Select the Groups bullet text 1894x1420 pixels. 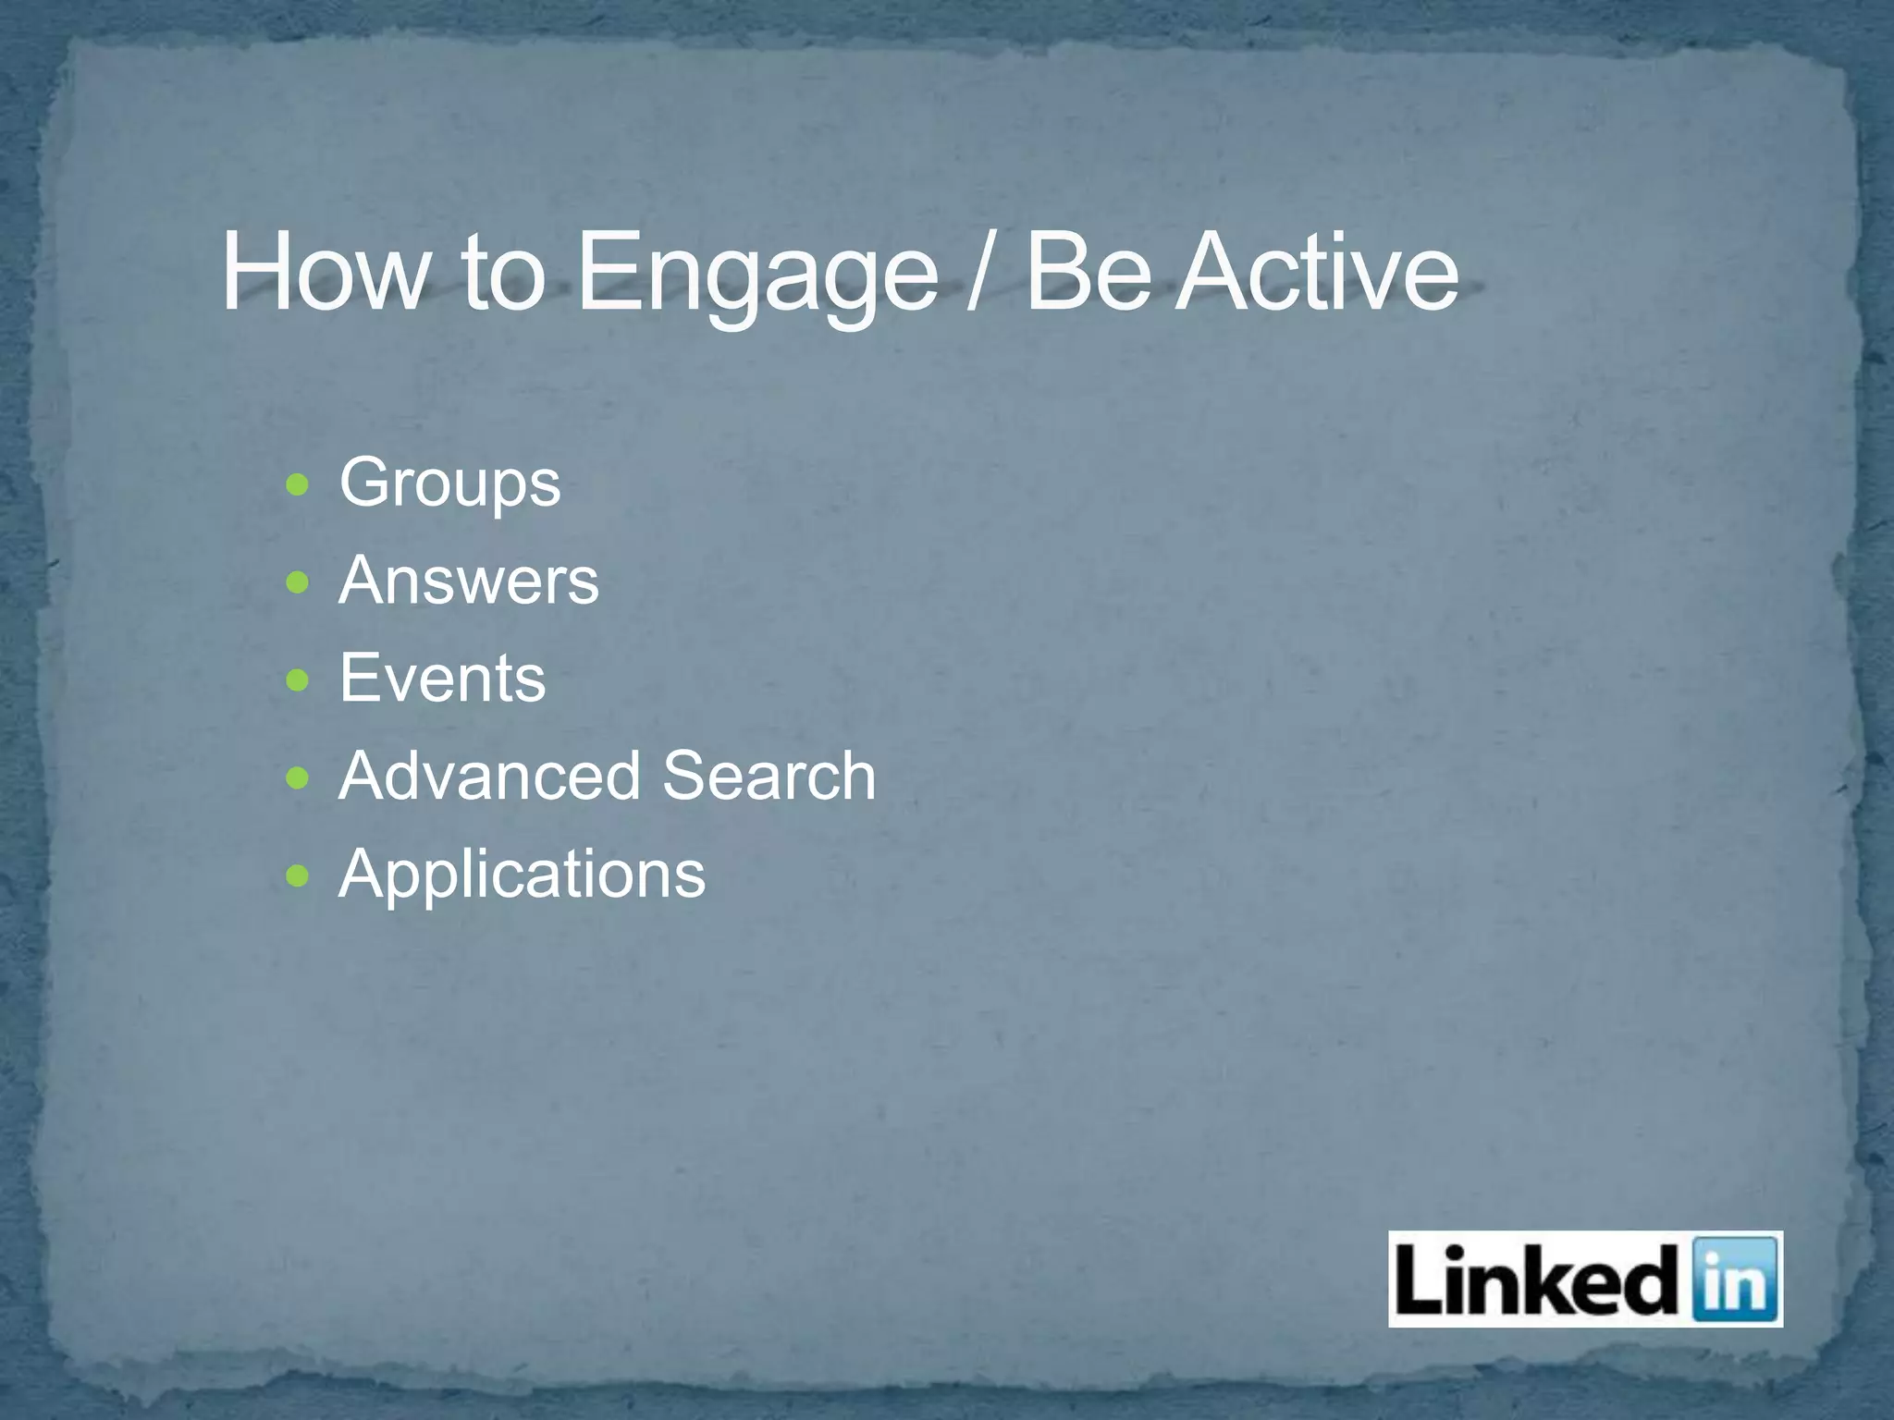point(449,484)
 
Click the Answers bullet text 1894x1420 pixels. point(468,581)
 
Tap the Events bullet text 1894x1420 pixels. point(442,679)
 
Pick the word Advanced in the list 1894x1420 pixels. point(489,776)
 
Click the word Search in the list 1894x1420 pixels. point(769,776)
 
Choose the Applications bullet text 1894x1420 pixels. point(522,875)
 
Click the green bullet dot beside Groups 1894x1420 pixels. point(298,484)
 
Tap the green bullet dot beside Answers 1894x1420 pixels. point(298,582)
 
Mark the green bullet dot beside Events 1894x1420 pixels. point(298,680)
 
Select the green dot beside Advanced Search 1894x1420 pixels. point(298,777)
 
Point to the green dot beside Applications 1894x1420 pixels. point(298,875)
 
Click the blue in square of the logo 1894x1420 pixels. point(1734,1279)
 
